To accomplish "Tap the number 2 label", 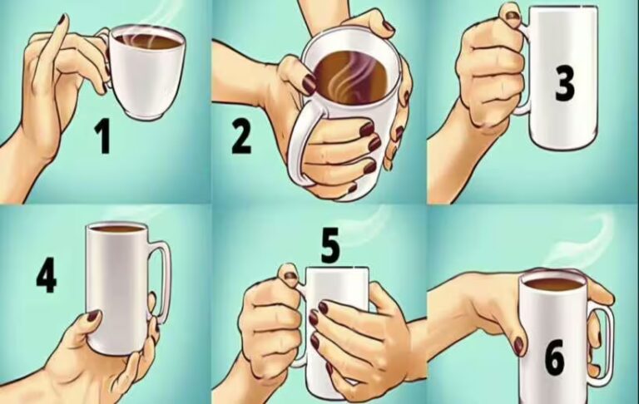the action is pyautogui.click(x=241, y=136).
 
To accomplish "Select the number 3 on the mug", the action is pyautogui.click(x=564, y=85).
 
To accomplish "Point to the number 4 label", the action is pyautogui.click(x=47, y=277).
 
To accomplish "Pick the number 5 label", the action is pyautogui.click(x=329, y=246).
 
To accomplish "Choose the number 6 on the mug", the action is pyautogui.click(x=555, y=357).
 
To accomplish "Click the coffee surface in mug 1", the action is pyautogui.click(x=147, y=40).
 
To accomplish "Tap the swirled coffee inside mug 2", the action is pyautogui.click(x=348, y=77).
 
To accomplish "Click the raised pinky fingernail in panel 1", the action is pyautogui.click(x=62, y=20).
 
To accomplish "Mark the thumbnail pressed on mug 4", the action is pyautogui.click(x=93, y=316).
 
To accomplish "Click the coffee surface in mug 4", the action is pyautogui.click(x=116, y=229).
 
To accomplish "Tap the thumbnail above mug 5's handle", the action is pyautogui.click(x=290, y=275).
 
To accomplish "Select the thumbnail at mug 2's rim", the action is pyautogui.click(x=309, y=84).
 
